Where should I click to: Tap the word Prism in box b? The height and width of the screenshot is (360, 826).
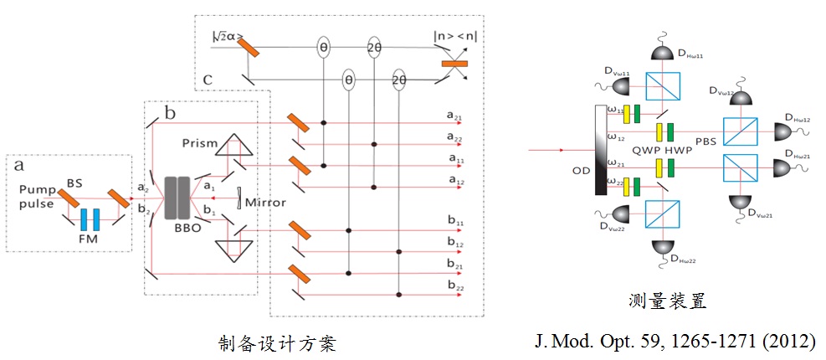(x=200, y=144)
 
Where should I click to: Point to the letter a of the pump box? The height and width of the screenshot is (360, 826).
(x=14, y=167)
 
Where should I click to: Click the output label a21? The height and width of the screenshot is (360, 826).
(x=456, y=120)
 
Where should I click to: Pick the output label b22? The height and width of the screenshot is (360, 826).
(x=456, y=287)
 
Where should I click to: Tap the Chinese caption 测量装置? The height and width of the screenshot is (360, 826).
(x=664, y=302)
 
